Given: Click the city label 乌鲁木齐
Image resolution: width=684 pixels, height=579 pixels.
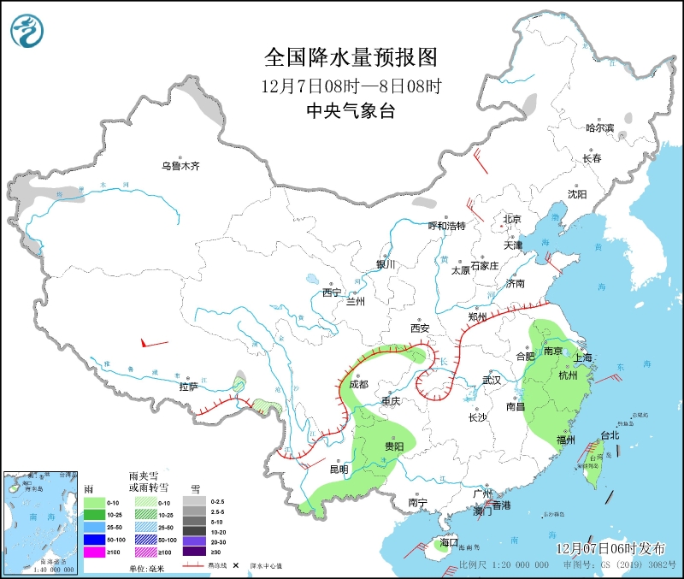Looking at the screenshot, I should [180, 166].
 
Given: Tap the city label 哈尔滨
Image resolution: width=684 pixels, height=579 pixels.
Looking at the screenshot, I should [600, 127].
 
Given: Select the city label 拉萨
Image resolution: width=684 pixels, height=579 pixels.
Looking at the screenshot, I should [189, 387].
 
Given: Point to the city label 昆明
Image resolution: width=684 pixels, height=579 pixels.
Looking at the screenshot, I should [339, 469].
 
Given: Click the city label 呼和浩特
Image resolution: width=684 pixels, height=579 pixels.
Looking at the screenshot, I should [446, 226].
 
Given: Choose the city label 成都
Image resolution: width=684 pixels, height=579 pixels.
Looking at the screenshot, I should [358, 385].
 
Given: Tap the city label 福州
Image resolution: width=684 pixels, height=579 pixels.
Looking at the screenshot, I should [566, 440].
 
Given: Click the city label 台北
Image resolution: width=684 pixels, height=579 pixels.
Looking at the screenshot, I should [610, 435].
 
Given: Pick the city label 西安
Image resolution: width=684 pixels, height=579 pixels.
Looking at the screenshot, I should [419, 328].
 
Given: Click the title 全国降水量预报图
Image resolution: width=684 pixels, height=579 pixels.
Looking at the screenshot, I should [351, 57].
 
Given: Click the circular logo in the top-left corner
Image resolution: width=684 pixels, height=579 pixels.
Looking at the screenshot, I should [28, 32].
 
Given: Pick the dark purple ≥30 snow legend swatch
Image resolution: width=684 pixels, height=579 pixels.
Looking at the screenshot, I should [195, 552].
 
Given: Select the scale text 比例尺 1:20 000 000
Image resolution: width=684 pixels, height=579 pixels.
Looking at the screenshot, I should [504, 565].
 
